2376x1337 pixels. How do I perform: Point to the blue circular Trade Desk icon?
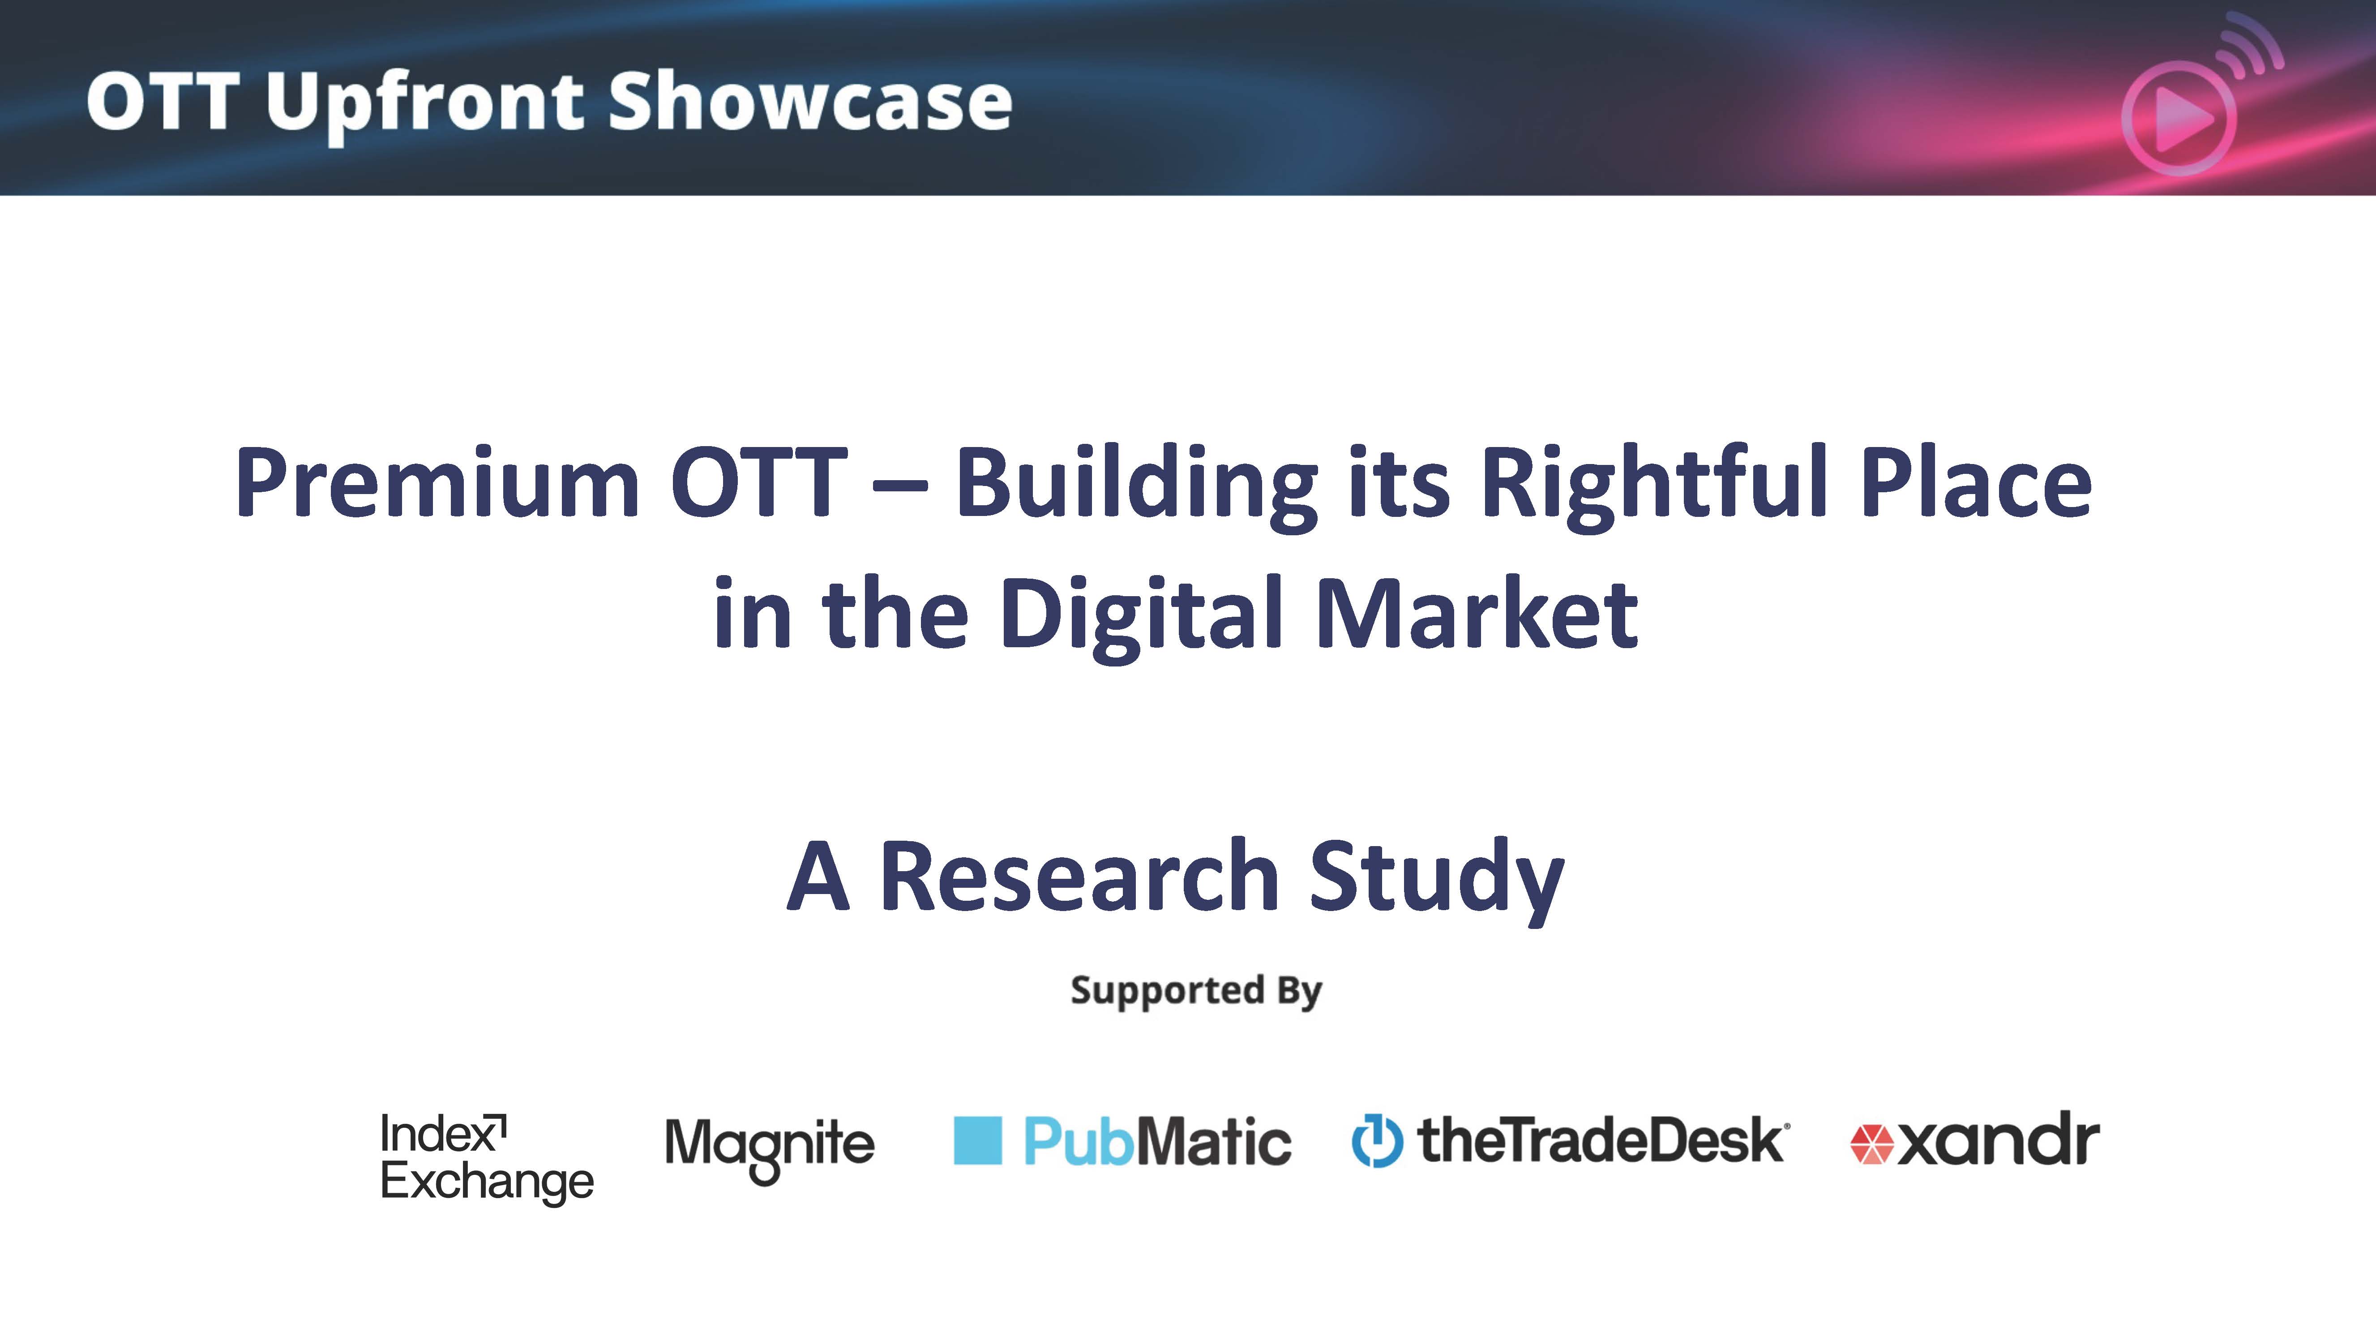[1377, 1141]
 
